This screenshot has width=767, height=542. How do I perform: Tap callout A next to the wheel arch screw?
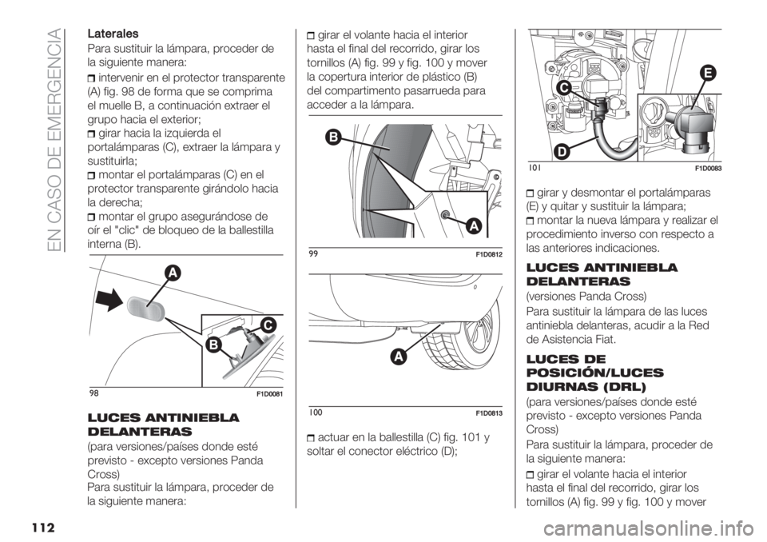[x=473, y=227]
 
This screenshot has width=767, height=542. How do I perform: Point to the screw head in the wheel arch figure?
[x=444, y=214]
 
